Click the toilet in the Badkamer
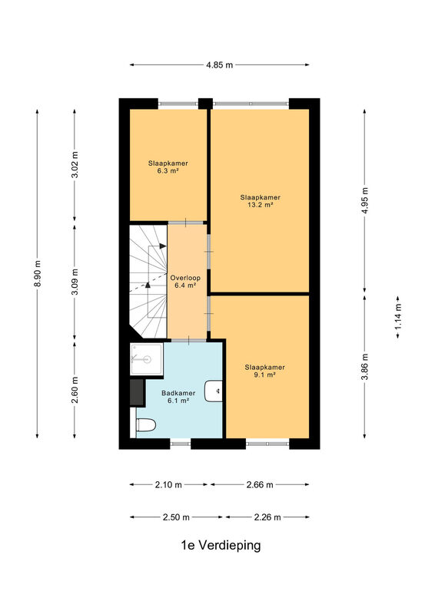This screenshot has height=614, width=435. coord(145,424)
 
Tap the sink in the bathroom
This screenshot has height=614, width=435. coord(214,391)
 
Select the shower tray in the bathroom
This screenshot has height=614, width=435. coord(146,358)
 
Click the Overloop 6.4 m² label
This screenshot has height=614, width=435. coord(185,282)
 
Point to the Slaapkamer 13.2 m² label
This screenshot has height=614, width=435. coord(261,201)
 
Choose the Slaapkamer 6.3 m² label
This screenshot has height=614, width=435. coord(168,167)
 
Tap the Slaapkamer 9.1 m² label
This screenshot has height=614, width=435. coord(264,371)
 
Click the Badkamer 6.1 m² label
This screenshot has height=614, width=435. coord(178,397)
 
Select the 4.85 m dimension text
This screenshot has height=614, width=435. coord(220,65)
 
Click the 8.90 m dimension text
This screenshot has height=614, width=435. coord(38,273)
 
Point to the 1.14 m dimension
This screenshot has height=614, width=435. coord(398,317)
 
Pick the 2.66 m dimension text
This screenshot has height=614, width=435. coord(260,485)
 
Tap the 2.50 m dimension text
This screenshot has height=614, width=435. coord(176,517)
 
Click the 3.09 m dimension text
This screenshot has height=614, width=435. coord(75,282)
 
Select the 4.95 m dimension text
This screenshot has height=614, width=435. coord(365,200)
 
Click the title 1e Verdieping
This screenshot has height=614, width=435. coord(221,545)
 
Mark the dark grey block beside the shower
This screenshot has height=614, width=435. coord(137,392)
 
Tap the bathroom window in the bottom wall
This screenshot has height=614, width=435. coord(181,444)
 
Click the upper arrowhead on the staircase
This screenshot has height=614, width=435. coord(163,246)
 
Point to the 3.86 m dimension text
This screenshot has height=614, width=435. coord(365,367)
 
